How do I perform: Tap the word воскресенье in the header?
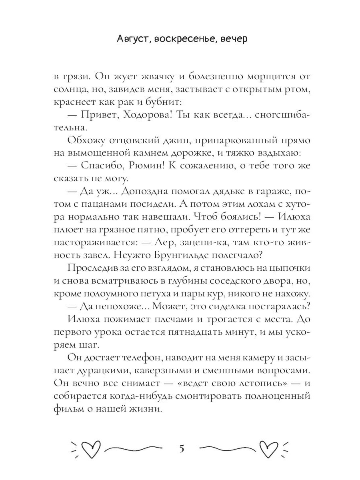(179, 39)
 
